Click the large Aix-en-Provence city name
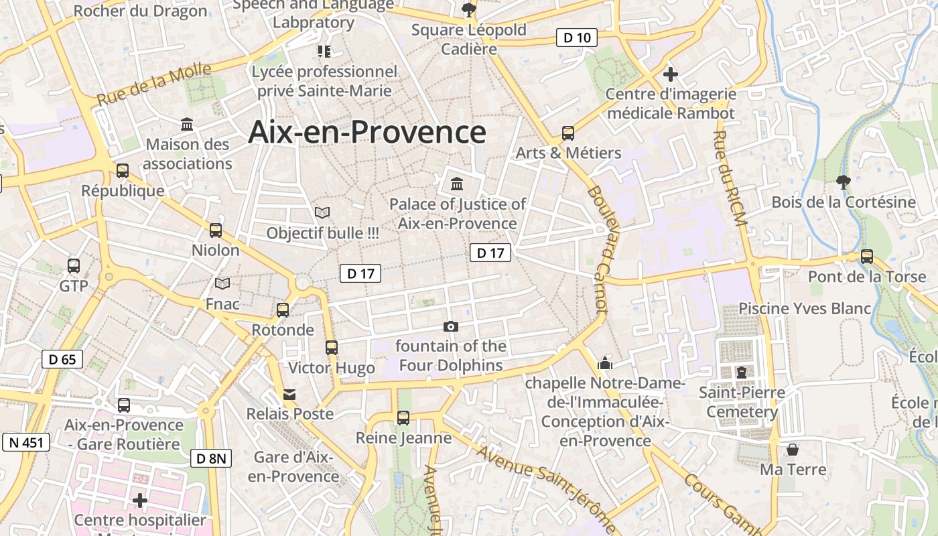[x=367, y=132]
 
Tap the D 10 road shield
[x=577, y=38]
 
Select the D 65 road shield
[x=62, y=359]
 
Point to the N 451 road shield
[x=27, y=442]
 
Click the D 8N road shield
[x=212, y=458]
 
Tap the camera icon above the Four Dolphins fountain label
[x=451, y=326]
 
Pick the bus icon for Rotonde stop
[x=283, y=310]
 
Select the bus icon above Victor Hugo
[x=332, y=347]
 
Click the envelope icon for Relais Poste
[x=289, y=394]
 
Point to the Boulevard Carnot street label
[x=598, y=250]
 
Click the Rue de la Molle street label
[x=153, y=85]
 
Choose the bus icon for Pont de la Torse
[x=867, y=256]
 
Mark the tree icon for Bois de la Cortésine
[x=844, y=182]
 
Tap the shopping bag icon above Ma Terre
[x=793, y=449]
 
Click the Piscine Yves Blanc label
[x=805, y=308]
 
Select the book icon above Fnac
[x=222, y=283]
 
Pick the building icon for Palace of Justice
[x=457, y=184]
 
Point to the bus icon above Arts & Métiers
[x=568, y=133]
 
